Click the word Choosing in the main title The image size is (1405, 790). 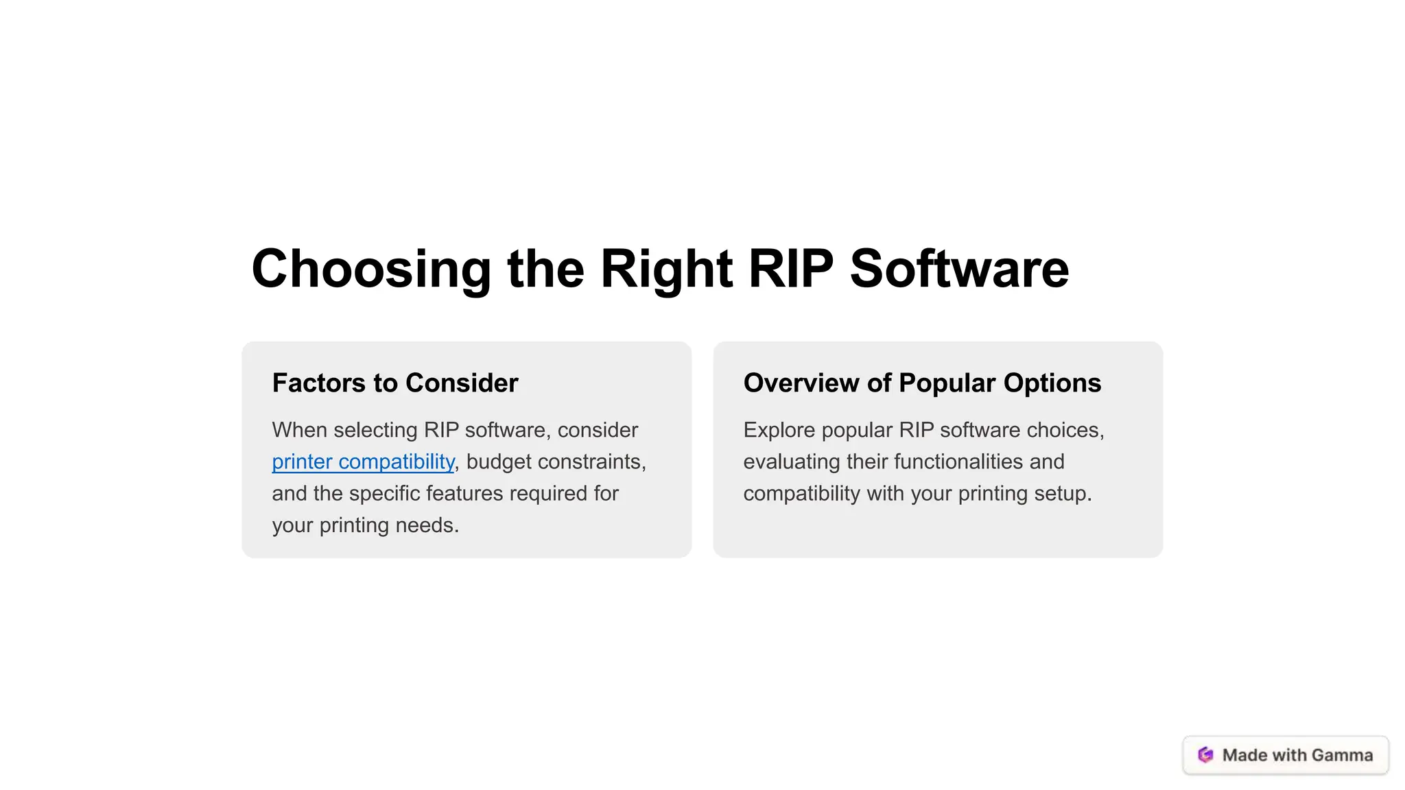pos(371,269)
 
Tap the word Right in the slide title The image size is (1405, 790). pos(666,269)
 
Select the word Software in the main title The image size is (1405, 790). pos(959,269)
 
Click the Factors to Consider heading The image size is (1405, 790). pos(395,383)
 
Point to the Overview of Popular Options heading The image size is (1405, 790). pos(922,383)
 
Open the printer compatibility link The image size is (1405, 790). pos(363,462)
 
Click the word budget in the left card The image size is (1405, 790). pos(499,462)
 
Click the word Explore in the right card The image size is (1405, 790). pos(779,430)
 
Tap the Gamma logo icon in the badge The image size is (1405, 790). pos(1205,755)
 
